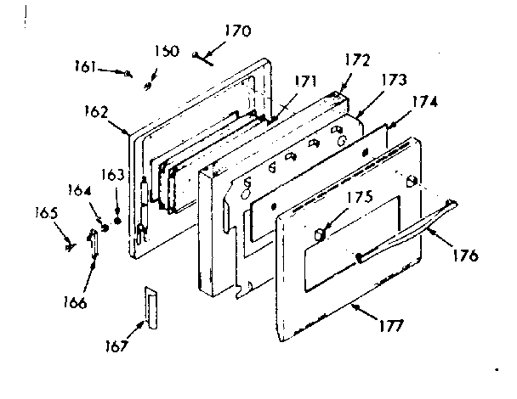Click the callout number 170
pyautogui.click(x=237, y=31)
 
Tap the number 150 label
pyautogui.click(x=167, y=51)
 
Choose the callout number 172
pyautogui.click(x=357, y=62)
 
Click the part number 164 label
pyautogui.click(x=79, y=190)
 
